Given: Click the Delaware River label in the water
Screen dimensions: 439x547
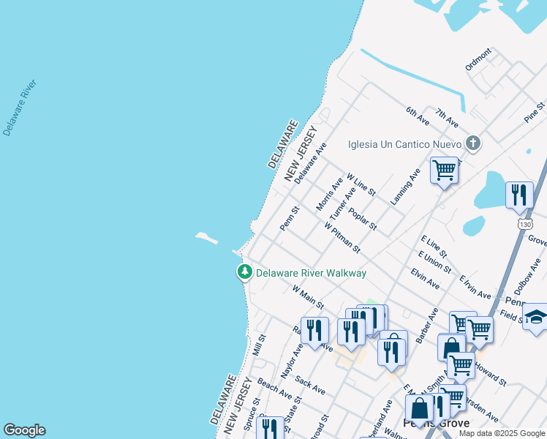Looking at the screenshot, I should coord(20,108).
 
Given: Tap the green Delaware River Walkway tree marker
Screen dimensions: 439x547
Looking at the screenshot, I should coord(244,273).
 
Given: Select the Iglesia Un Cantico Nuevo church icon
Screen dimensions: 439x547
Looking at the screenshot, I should coord(473,143).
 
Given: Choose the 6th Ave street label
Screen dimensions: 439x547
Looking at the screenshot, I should coord(418,116).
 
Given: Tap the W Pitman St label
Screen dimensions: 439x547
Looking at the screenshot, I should coord(342,238).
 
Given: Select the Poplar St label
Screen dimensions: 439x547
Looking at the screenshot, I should coord(362,219).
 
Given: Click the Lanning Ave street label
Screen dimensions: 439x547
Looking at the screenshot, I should coord(405,186).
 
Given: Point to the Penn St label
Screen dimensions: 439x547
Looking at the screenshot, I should coord(290,218).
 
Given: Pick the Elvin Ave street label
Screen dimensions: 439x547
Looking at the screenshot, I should coord(425,279).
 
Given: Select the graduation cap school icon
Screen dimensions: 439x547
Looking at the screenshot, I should coord(537,316).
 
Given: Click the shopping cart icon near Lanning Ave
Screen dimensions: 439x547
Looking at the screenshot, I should coord(444,170).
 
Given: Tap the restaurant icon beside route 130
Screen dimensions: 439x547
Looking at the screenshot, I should coord(519,195).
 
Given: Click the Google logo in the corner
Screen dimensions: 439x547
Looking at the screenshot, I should coord(24,430).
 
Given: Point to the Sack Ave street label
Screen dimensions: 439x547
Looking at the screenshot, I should coord(310,386).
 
